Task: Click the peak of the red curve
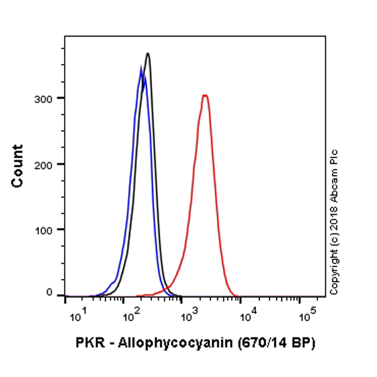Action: [x=204, y=96]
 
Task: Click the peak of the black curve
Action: [x=148, y=53]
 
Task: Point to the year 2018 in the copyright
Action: [x=334, y=217]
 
